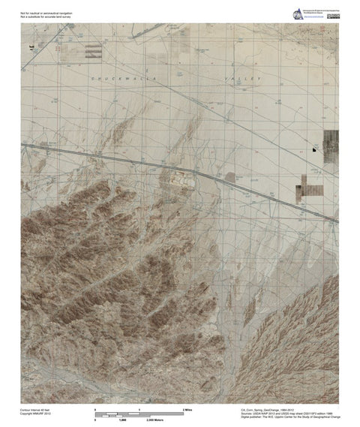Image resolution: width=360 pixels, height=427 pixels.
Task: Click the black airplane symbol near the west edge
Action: pos(31,47)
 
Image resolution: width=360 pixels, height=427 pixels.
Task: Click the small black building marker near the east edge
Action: pos(315,150)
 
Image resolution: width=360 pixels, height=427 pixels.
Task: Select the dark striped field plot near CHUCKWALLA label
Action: pos(92,51)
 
